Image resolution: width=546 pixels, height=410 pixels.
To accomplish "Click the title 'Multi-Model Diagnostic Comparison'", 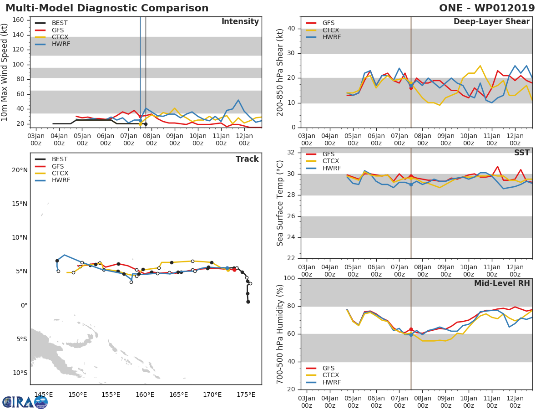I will (107, 8).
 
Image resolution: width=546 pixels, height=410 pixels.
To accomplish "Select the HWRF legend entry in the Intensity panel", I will (61, 44).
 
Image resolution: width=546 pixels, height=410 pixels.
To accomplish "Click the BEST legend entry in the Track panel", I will (60, 159).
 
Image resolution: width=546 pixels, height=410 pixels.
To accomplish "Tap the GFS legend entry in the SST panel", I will (328, 154).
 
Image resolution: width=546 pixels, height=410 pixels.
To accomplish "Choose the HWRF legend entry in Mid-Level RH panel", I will (331, 382).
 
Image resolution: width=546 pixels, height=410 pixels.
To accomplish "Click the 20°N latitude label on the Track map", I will (20, 170).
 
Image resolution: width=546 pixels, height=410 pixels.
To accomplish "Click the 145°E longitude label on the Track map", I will (44, 395).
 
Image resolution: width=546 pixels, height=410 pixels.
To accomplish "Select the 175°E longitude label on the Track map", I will (246, 395).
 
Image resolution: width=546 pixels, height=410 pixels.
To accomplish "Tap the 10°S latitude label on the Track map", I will (20, 373).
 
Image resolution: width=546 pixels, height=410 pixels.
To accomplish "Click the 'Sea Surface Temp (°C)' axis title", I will (280, 203).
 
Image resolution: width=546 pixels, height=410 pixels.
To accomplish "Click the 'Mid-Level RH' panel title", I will (502, 283).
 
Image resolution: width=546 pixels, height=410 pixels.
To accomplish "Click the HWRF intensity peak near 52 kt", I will (238, 100).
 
